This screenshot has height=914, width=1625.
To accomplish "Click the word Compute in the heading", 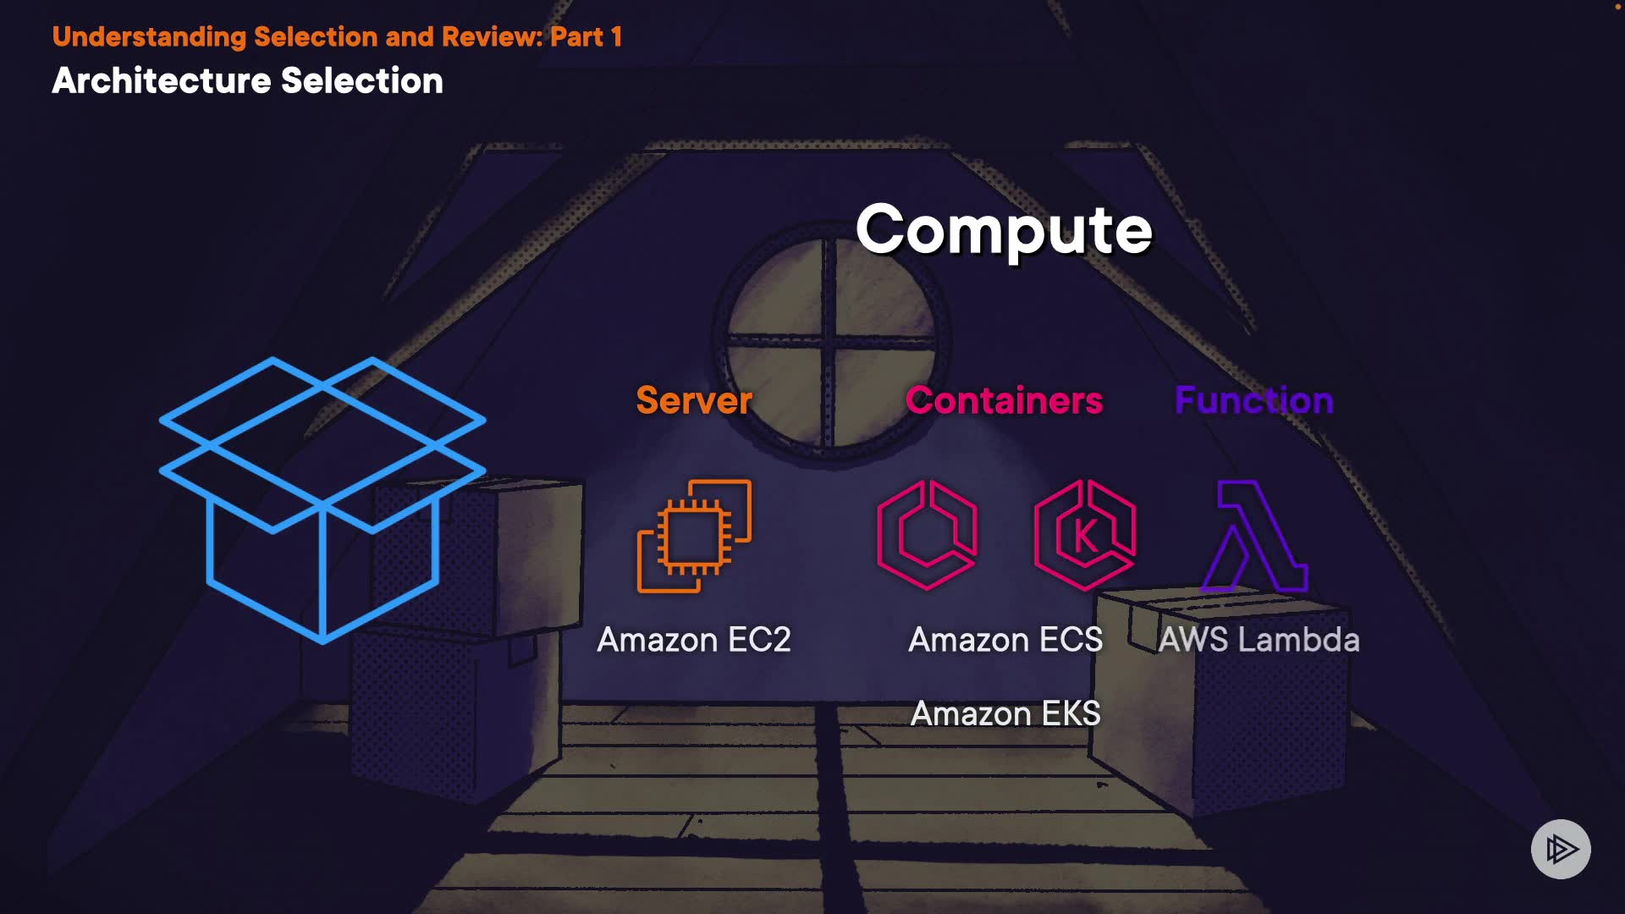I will (x=1004, y=230).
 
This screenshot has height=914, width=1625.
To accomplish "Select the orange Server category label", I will (x=694, y=400).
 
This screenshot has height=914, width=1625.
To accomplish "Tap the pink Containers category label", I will (x=1004, y=400).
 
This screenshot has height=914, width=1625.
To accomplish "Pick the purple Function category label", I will (x=1253, y=400).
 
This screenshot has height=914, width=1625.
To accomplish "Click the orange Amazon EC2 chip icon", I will (x=694, y=537).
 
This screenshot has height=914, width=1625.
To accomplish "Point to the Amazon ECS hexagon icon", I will (x=927, y=535).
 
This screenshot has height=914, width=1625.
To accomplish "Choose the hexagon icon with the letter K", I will (x=1085, y=535).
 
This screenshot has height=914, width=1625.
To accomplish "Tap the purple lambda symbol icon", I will (x=1255, y=535).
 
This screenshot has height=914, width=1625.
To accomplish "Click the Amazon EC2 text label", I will (x=694, y=640).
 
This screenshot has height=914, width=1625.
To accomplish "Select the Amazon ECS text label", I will (x=1005, y=640).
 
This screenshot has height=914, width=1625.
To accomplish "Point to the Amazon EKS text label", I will (x=1005, y=713).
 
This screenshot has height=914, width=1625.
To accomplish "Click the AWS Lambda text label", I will (x=1259, y=640).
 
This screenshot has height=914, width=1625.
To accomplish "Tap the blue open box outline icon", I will (x=322, y=499).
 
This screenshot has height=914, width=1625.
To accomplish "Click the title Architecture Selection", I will (x=247, y=81).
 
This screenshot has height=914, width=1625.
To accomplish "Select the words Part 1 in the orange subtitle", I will (x=586, y=36).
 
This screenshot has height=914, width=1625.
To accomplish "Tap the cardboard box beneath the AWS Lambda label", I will (x=1227, y=719).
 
